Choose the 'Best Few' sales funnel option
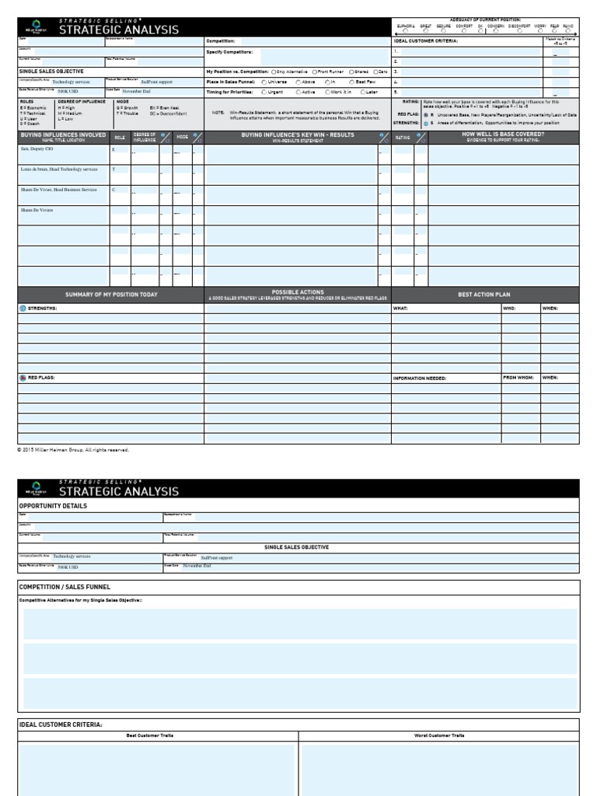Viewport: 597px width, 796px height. (351, 82)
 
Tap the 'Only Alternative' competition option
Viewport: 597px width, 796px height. (274, 71)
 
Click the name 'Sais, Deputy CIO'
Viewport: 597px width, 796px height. (37, 148)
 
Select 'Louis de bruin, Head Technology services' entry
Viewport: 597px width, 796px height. (59, 169)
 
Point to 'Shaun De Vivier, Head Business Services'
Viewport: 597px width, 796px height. (59, 190)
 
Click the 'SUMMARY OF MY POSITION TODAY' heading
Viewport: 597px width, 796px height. (111, 295)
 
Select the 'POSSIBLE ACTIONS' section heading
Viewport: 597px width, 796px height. (298, 292)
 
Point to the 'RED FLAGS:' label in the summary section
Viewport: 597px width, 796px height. (43, 378)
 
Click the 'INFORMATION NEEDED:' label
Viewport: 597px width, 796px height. (420, 378)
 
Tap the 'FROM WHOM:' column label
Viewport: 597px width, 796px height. (518, 378)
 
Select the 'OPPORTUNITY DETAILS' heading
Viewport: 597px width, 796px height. (53, 505)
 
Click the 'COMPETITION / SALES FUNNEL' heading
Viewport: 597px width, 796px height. (65, 587)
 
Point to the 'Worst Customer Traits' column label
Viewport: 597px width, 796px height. (439, 735)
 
